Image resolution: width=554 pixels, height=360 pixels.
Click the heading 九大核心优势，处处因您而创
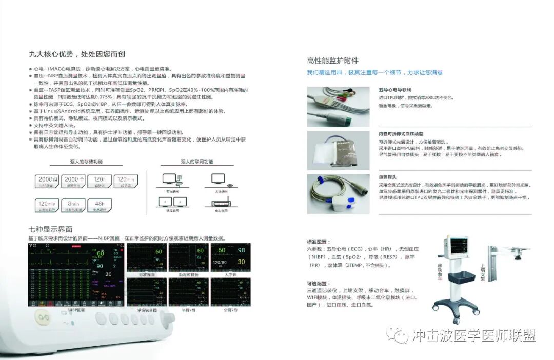click(77, 54)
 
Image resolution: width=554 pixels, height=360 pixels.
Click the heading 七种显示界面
click(50, 229)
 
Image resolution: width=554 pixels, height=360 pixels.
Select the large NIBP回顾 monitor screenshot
click(76, 274)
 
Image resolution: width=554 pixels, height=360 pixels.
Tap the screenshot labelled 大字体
click(231, 257)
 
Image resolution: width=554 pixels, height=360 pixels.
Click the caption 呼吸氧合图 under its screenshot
click(147, 310)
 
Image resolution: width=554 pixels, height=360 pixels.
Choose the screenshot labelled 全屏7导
click(231, 292)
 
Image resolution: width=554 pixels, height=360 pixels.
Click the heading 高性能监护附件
click(332, 61)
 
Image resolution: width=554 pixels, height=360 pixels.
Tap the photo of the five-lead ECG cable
click(338, 106)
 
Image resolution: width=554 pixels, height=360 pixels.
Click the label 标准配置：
click(319, 241)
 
